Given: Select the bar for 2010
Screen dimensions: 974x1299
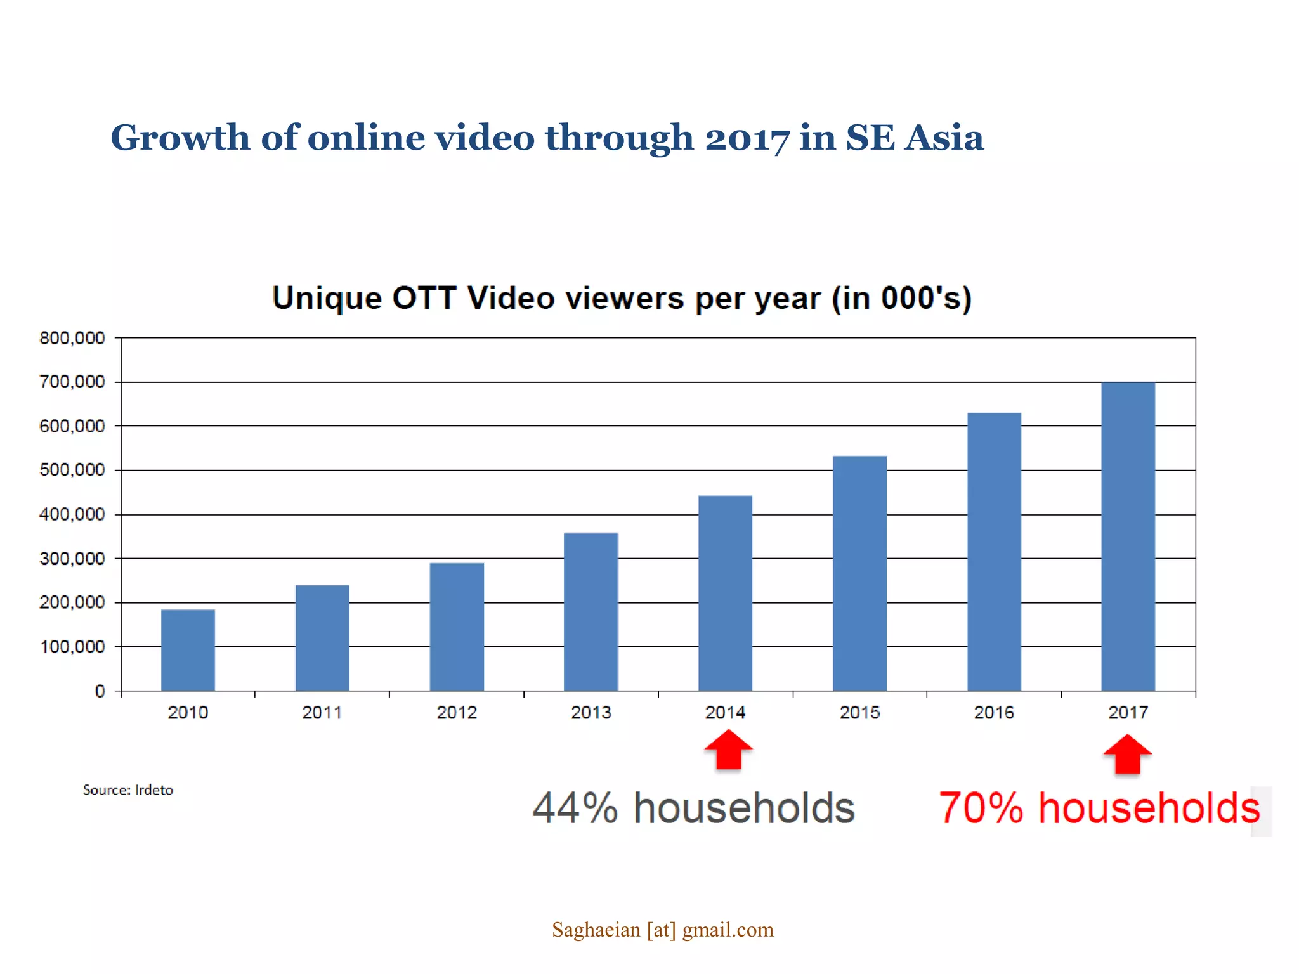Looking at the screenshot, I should pyautogui.click(x=188, y=650).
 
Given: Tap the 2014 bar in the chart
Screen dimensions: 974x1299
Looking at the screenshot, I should pyautogui.click(x=725, y=593).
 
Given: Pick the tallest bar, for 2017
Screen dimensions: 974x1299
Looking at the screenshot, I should pyautogui.click(x=1128, y=536).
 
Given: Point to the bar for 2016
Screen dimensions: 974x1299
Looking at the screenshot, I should pyautogui.click(x=994, y=552).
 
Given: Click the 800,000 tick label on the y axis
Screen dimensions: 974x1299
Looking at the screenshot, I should pyautogui.click(x=72, y=339).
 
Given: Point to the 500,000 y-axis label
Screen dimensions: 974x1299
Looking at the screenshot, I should pyautogui.click(x=72, y=471).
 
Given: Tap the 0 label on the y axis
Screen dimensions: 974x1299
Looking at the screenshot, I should pyautogui.click(x=100, y=691).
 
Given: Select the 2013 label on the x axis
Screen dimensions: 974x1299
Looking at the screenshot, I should pyautogui.click(x=591, y=713).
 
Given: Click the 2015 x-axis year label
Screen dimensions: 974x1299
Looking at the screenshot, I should pyautogui.click(x=859, y=713).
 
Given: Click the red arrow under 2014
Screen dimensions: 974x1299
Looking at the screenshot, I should pyautogui.click(x=728, y=750).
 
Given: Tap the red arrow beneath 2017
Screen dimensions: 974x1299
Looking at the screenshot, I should pyautogui.click(x=1127, y=755).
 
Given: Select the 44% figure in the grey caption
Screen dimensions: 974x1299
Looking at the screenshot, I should pyautogui.click(x=575, y=808).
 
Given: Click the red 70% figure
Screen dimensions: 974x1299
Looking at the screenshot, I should pyautogui.click(x=981, y=808).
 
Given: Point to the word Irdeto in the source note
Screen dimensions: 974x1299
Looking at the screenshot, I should pyautogui.click(x=153, y=790).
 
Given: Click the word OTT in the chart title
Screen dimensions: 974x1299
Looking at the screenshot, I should pyautogui.click(x=424, y=298).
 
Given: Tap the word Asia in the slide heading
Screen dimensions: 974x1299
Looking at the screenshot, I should pyautogui.click(x=944, y=138).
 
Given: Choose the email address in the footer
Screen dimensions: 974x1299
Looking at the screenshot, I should pyautogui.click(x=663, y=930).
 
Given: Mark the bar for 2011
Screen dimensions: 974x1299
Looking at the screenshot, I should pyautogui.click(x=322, y=638).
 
